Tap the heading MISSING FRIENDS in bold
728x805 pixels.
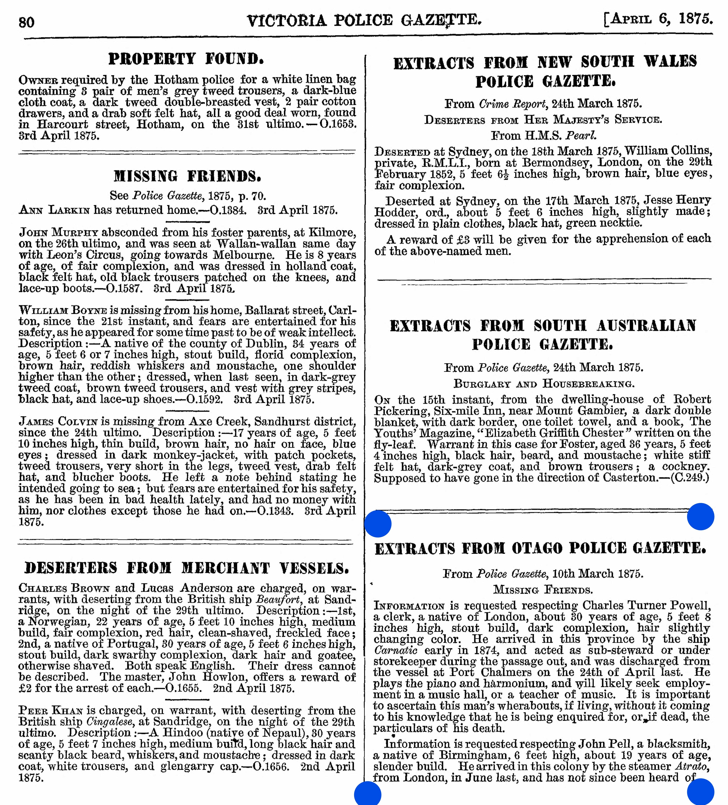[x=187, y=176]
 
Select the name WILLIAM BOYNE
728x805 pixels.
[x=63, y=310]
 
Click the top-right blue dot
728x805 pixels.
[x=700, y=517]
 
